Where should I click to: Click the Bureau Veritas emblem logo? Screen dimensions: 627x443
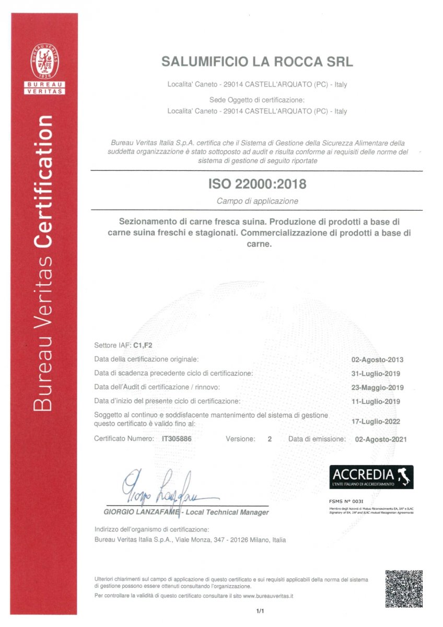click(45, 61)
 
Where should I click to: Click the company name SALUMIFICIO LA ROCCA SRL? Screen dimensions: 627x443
click(257, 62)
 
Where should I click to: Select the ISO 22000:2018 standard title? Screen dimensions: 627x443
click(257, 184)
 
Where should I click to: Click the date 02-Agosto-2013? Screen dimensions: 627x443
click(377, 359)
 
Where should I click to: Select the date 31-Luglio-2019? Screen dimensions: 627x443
click(377, 374)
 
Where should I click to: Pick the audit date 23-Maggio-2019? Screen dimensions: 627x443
click(377, 388)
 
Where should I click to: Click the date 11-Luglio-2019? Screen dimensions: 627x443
click(377, 401)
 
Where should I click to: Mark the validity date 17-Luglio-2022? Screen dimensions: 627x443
click(377, 419)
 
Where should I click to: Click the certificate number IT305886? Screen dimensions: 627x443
click(177, 439)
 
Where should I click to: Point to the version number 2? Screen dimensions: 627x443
click(270, 439)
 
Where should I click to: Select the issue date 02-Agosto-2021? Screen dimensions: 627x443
click(380, 439)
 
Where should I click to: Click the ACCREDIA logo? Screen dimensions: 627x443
click(371, 477)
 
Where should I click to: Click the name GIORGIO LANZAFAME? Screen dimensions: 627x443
click(141, 512)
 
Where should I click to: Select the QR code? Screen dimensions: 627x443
click(403, 588)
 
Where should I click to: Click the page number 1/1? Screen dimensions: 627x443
click(260, 610)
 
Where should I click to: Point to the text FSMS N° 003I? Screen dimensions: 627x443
click(346, 501)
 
